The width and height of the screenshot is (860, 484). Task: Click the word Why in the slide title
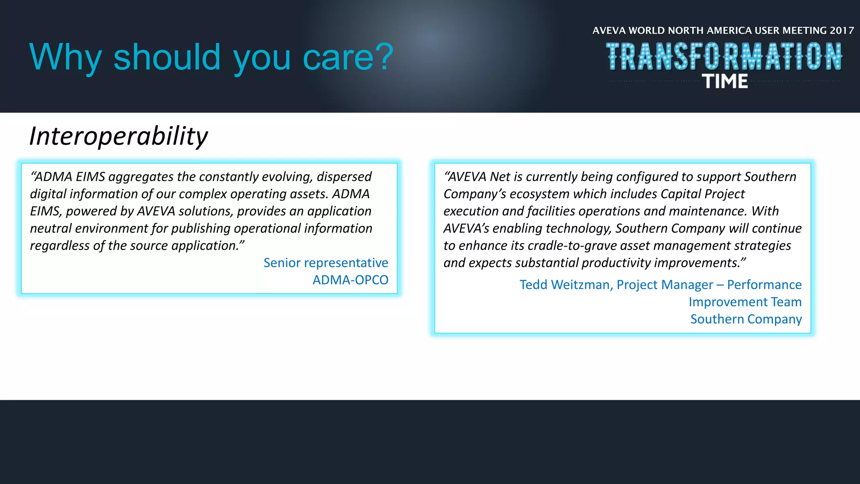(66, 58)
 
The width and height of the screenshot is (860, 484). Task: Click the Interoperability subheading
(118, 136)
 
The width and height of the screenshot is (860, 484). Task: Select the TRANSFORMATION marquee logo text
(724, 57)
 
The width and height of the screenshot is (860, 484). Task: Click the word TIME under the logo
(725, 82)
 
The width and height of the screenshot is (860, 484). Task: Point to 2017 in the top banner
(842, 31)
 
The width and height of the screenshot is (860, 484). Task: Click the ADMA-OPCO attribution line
(350, 280)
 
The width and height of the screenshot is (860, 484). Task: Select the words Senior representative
(325, 263)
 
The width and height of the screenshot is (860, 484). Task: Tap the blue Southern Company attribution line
(746, 319)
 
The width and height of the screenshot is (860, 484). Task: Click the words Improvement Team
(745, 302)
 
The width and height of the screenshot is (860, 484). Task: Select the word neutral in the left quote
(51, 229)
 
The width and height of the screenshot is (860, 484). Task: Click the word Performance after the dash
(764, 285)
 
